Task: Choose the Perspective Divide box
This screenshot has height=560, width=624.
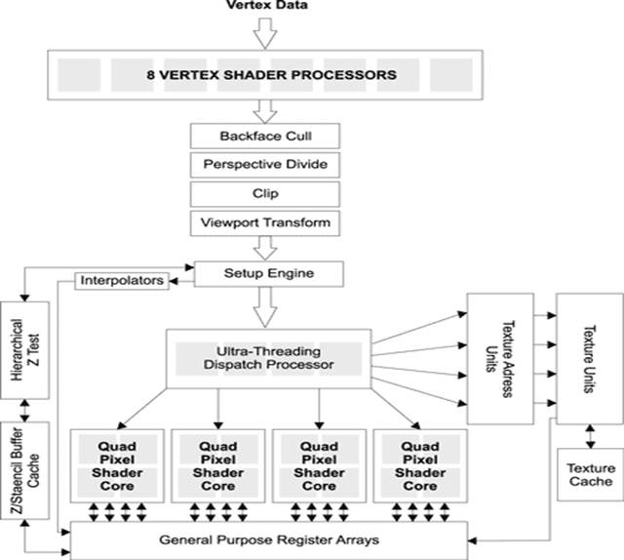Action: [265, 163]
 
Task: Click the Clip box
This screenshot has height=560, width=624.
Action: [265, 192]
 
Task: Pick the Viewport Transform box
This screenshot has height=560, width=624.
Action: [265, 222]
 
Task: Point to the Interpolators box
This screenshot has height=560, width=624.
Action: [122, 282]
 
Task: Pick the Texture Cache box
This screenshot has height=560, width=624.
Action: [589, 475]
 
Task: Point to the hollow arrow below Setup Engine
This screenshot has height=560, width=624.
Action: [265, 308]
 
